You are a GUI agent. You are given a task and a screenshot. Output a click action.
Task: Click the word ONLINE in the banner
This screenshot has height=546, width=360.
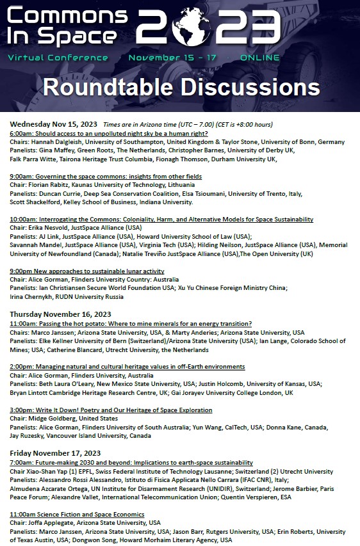coord(259,58)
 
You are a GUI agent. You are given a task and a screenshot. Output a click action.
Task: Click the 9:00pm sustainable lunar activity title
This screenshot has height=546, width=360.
coord(86,271)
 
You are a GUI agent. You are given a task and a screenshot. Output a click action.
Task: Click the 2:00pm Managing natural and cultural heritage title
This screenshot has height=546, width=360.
coord(127,367)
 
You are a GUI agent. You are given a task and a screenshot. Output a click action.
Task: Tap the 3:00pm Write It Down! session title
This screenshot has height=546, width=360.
coord(111,410)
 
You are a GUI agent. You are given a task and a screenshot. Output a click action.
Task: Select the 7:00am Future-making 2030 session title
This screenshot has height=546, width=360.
coord(131,462)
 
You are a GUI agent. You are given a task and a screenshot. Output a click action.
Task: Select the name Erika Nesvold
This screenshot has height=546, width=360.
coord(51,228)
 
